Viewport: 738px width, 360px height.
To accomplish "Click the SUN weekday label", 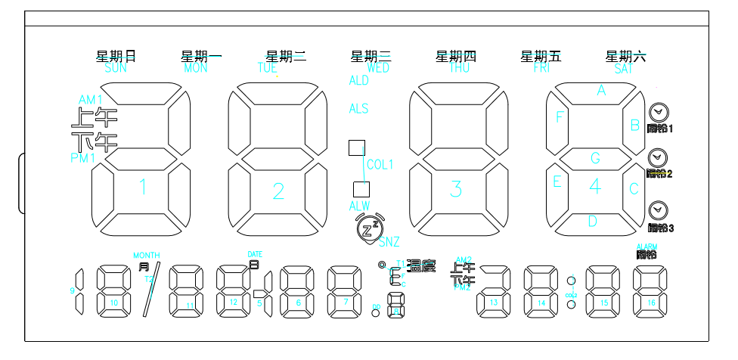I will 116,68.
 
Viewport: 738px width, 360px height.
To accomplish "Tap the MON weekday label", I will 195,68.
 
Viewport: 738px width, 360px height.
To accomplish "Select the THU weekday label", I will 460,68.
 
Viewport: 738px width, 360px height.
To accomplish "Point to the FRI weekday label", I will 541,68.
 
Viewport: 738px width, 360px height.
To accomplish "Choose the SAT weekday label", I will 624,68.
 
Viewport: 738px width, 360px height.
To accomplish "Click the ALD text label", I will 358,81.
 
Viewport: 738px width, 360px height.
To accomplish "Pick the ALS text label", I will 358,109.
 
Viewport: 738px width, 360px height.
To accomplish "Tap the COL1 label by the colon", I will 380,165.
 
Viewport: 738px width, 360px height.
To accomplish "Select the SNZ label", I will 389,243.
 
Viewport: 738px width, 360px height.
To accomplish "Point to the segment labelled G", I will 595,159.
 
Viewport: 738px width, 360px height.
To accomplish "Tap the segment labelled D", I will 593,222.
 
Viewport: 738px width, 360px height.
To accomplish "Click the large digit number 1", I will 142,187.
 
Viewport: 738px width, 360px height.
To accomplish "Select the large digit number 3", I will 455,189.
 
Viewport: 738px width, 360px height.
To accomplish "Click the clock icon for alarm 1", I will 658,112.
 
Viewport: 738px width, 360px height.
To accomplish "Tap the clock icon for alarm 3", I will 658,209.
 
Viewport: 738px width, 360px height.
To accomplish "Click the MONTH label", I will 146,255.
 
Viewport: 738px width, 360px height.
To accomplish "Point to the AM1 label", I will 91,100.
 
